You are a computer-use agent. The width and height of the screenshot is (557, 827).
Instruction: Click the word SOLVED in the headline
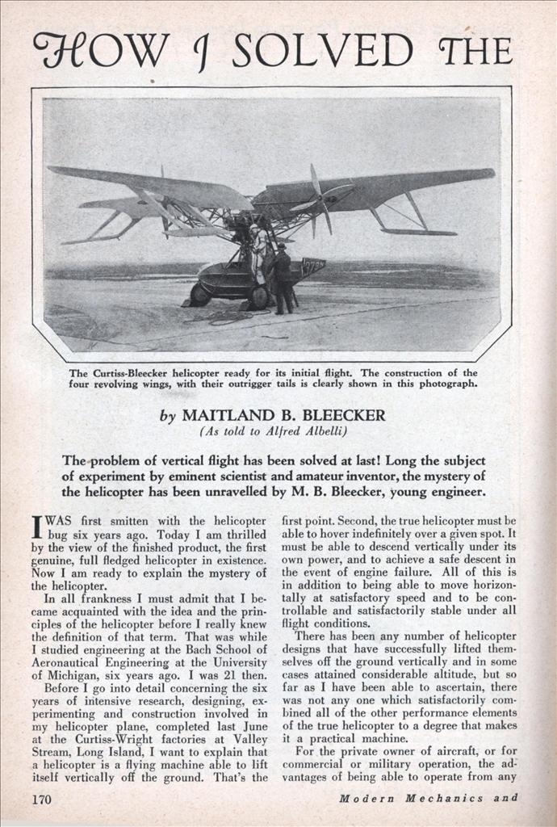pyautogui.click(x=322, y=50)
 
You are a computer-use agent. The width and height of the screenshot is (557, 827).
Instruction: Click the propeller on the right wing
pyautogui.click(x=319, y=199)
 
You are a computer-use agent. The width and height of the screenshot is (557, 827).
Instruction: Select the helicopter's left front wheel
pyautogui.click(x=199, y=294)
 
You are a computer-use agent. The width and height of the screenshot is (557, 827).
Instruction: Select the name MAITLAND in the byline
pyautogui.click(x=230, y=416)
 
